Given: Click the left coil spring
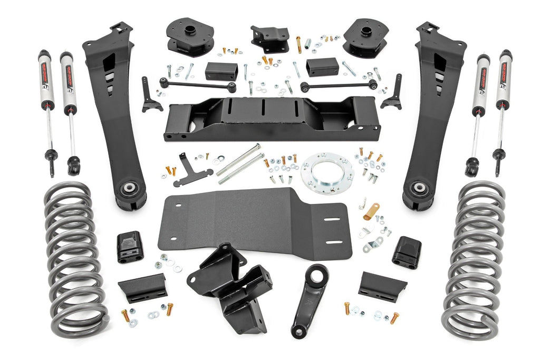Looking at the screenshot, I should (x=74, y=258).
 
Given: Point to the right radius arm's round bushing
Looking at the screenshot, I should (x=419, y=188).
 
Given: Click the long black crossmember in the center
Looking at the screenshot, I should (x=272, y=119).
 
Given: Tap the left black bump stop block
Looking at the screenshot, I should (x=130, y=246).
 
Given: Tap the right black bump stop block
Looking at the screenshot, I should (x=406, y=251).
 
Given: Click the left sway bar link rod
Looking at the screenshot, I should (x=198, y=84).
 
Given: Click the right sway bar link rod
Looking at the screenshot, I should (x=337, y=84).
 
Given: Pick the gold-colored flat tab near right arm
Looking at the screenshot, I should (x=371, y=212).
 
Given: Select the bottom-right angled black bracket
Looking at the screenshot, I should (x=382, y=286).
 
